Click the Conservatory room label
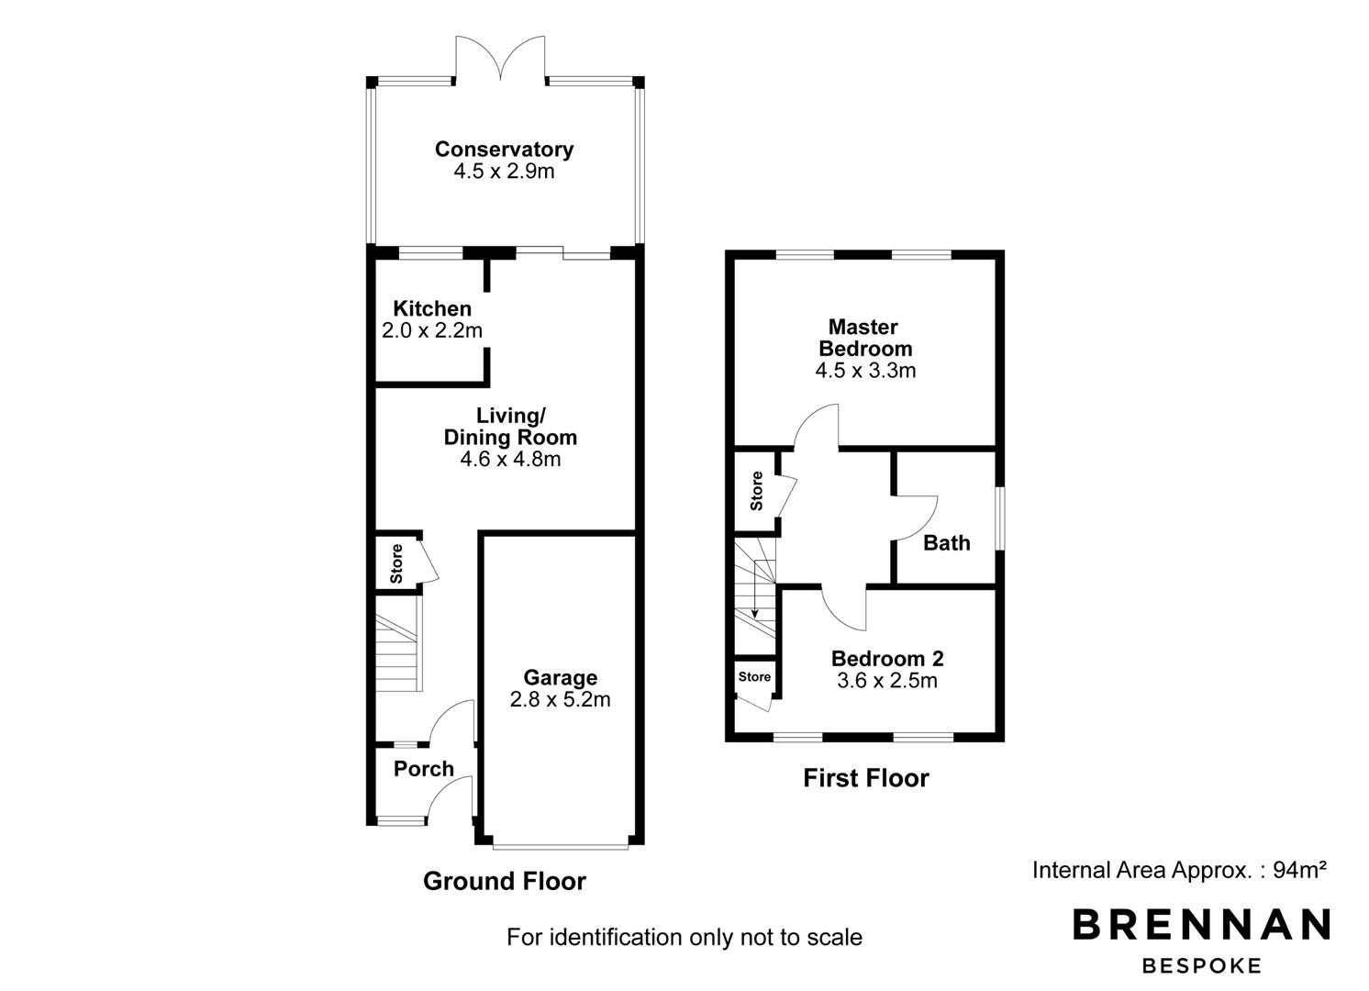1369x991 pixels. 505,150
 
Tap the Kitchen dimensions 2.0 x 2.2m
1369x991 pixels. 432,330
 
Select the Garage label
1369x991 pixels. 561,677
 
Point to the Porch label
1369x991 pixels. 424,768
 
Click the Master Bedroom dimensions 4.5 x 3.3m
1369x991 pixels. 865,371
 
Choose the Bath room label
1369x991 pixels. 947,543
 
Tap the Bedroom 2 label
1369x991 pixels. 887,659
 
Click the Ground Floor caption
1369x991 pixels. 505,881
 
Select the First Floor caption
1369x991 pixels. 866,778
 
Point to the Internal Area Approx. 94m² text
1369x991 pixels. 1180,870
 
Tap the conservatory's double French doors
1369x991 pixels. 501,58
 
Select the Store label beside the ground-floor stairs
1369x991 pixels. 396,563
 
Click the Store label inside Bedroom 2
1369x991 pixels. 754,677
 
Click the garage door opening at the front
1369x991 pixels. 561,847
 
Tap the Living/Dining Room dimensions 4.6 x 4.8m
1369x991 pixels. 510,459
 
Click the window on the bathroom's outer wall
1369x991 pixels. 1000,518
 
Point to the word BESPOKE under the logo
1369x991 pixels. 1201,966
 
